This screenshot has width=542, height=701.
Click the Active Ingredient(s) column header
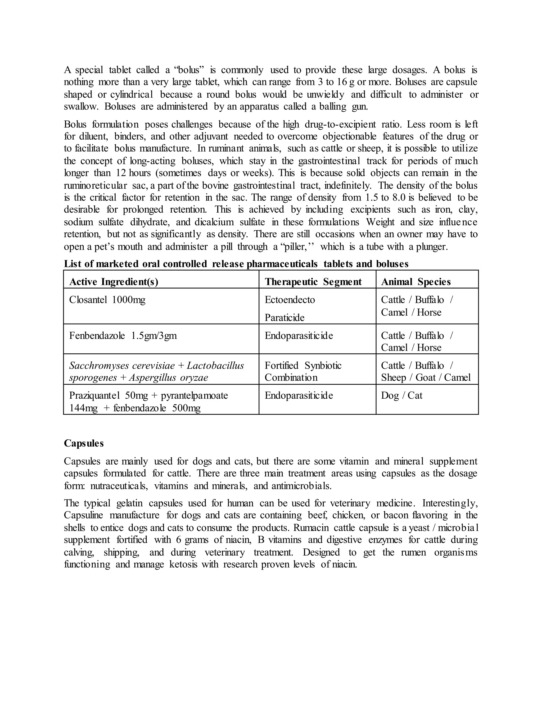tap(114, 281)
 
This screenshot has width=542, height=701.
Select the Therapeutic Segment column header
tap(313, 281)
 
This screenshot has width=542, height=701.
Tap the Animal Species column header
tap(416, 281)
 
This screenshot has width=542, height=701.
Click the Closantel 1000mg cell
tap(107, 299)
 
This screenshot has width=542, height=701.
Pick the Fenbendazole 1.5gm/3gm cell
tap(123, 335)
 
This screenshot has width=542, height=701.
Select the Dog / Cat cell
tap(402, 395)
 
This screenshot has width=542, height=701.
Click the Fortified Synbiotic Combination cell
tap(303, 371)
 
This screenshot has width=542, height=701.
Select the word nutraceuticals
tap(119, 486)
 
